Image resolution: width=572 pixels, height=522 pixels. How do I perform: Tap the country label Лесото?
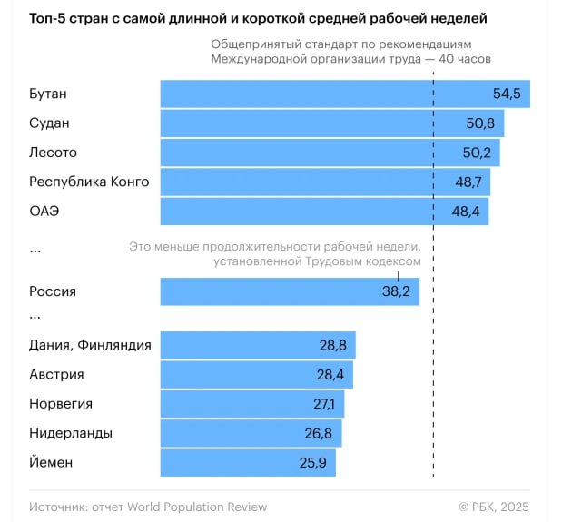(54, 153)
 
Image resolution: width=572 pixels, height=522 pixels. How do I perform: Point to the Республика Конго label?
(89, 182)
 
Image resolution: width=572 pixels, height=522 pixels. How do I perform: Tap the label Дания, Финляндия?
(90, 345)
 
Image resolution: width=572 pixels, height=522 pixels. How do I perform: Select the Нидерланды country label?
(71, 433)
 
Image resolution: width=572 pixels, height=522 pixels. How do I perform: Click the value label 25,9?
(311, 463)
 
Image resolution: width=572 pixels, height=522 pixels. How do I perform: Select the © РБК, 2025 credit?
(494, 507)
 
